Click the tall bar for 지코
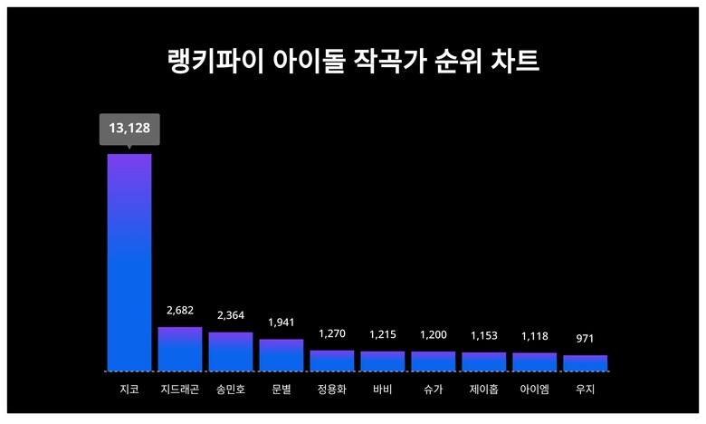129,263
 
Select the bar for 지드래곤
180,349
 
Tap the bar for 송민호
231,352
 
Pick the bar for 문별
281,355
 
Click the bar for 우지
585,363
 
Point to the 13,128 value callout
129,129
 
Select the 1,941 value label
281,323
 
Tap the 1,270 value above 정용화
332,333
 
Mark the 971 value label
585,338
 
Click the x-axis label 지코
129,390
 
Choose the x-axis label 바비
382,390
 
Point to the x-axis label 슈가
433,390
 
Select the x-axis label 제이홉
483,390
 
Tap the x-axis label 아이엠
534,390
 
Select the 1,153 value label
483,336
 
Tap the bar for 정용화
332,361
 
